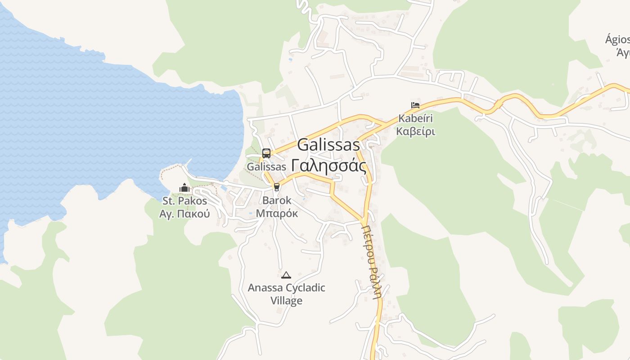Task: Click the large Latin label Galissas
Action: [328, 145]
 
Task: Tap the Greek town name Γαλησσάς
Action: [328, 166]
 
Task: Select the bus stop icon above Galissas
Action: [266, 153]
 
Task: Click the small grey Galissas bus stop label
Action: [266, 166]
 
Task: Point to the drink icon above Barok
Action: [277, 187]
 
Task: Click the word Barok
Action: [277, 200]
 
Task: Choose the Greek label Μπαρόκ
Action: [277, 213]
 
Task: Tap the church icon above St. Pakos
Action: [184, 188]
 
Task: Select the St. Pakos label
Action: [184, 201]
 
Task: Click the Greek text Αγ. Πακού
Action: [184, 214]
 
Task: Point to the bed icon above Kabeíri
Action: [415, 105]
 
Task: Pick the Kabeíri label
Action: [415, 119]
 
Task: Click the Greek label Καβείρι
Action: [415, 132]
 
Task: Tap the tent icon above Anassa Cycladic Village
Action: [286, 274]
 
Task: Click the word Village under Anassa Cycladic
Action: [286, 301]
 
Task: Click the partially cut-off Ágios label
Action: [617, 40]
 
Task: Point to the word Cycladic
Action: [306, 288]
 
